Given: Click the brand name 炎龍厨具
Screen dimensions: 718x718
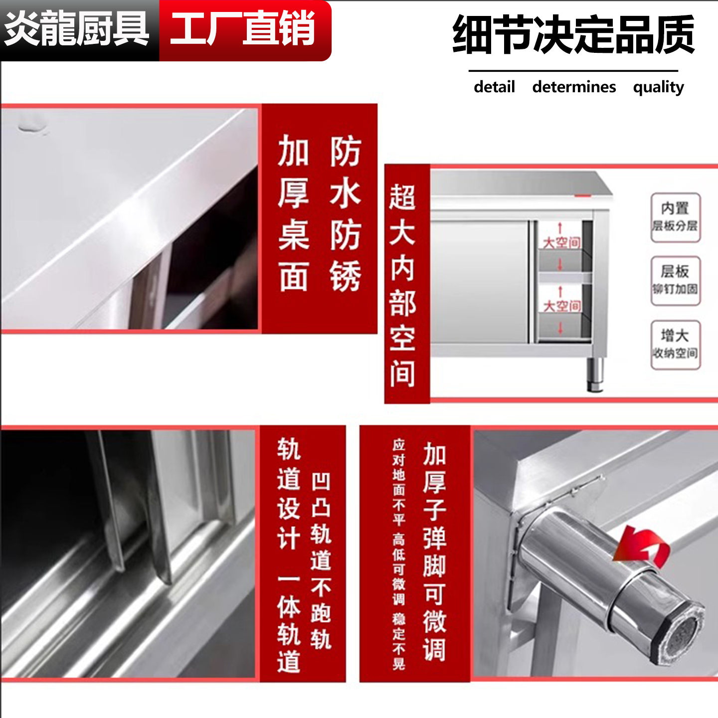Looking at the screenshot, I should (77, 29).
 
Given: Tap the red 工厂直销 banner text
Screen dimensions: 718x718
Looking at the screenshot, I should (243, 29).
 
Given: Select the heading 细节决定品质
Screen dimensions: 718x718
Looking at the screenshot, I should (573, 35).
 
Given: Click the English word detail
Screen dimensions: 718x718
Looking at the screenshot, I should (494, 87).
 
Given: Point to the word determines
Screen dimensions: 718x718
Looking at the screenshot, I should (574, 87).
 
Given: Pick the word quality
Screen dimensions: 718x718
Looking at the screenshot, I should (658, 87).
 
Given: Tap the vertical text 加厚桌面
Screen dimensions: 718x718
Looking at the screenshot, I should (293, 213).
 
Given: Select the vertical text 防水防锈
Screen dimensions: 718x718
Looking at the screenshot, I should (345, 213).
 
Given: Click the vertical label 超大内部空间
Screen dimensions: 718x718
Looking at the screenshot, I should (402, 285).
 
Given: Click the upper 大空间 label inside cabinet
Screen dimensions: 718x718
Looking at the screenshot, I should (561, 242).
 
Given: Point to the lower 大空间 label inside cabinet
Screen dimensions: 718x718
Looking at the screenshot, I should (561, 306).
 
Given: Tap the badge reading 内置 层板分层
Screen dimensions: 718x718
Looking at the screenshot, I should (675, 217).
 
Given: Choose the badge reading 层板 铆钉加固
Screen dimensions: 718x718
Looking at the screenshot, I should (675, 280).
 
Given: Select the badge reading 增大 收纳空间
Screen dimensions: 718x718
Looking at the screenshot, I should (675, 345).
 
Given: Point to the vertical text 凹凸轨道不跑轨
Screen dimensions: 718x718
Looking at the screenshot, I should (321, 561).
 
